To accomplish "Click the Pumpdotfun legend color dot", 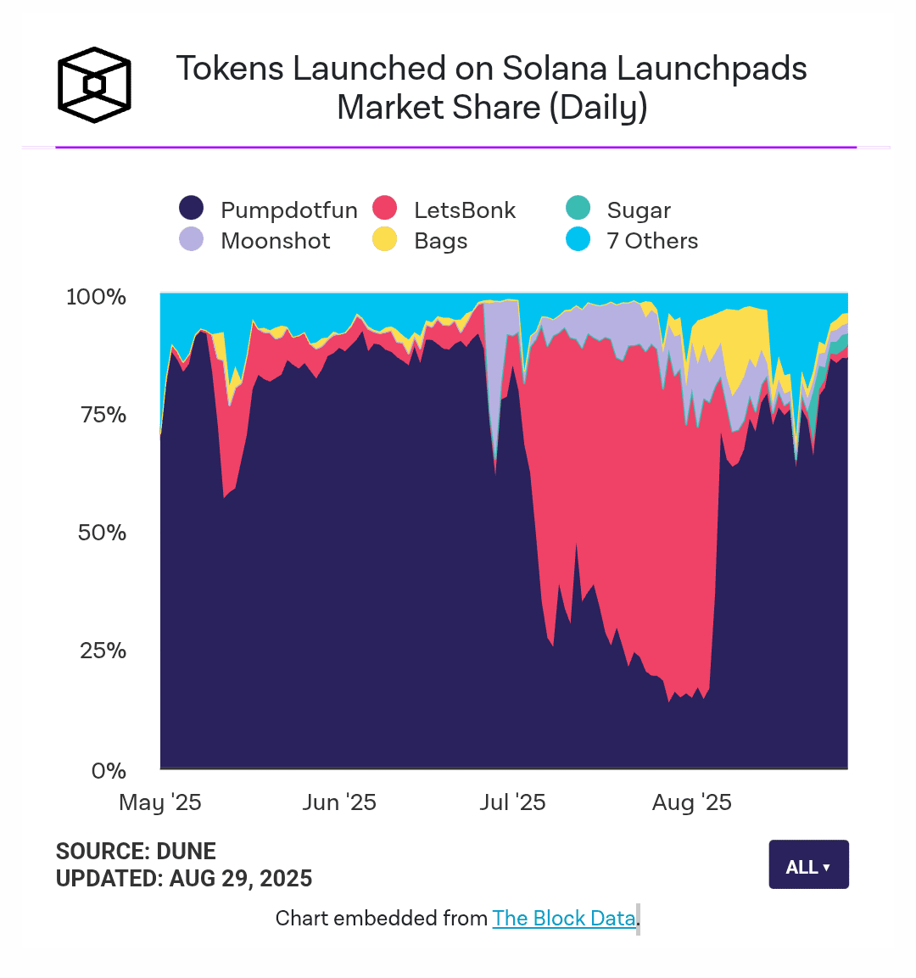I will (192, 208).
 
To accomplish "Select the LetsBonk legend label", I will (464, 210).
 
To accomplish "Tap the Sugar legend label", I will (639, 210).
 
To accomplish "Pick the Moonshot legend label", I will (275, 241).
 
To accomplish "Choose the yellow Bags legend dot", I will (385, 239).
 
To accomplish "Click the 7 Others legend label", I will (652, 241).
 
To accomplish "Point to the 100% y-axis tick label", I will (96, 297).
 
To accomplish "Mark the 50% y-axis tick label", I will (102, 533).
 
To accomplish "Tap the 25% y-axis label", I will (103, 651).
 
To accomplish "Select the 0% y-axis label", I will (109, 770).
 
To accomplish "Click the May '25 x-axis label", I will (160, 802).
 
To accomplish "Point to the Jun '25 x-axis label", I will (339, 802).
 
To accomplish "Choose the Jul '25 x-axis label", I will (512, 802).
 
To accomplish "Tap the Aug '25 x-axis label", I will (691, 802).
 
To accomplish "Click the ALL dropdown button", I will (808, 865).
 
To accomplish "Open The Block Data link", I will (564, 918).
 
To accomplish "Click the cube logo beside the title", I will (94, 85).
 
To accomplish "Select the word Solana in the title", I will (555, 69).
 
